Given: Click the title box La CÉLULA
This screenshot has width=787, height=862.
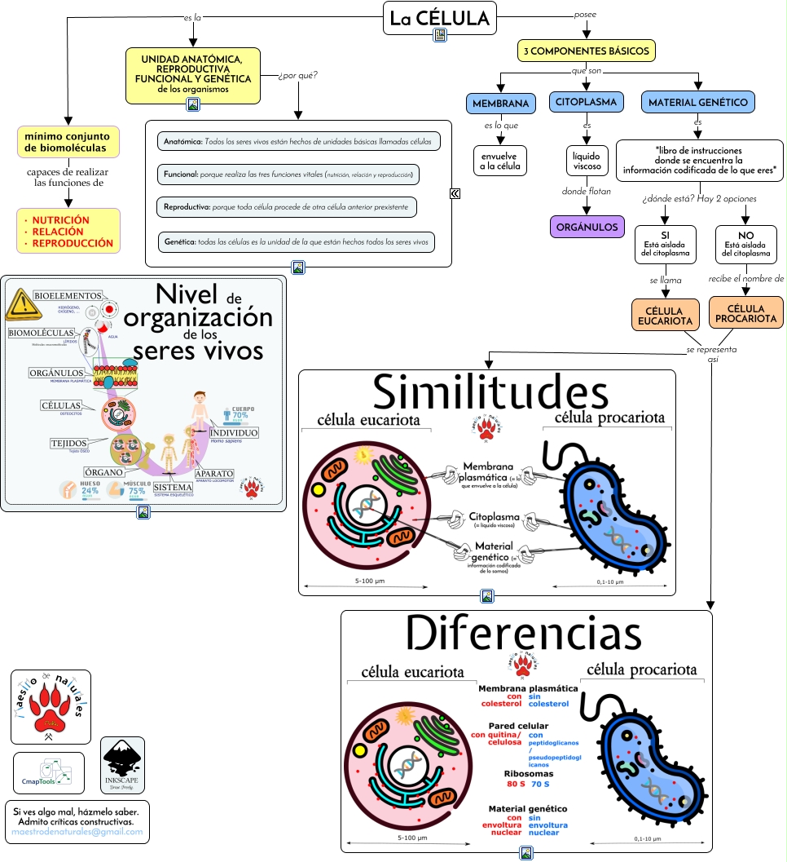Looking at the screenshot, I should coord(439,18).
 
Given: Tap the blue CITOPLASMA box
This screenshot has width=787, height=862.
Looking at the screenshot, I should coord(587,102).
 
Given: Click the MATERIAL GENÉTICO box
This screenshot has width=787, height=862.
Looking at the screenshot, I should coord(697,103).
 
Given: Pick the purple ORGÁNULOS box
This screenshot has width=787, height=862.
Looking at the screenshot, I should coord(587,227).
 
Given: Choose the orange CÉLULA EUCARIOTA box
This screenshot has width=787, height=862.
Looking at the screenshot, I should coord(665,315).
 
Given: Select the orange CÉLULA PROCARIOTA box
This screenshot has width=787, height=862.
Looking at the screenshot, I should coord(745,313).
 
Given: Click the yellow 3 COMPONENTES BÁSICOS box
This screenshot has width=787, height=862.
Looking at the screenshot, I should coord(587,51).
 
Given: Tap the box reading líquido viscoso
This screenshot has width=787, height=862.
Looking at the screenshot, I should coord(587,160).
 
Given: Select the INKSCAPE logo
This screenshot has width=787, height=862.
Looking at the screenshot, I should coord(122,765).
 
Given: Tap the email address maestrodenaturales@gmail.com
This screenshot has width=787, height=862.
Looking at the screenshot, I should coord(77,833).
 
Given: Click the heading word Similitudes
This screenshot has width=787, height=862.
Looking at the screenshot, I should coord(490,393).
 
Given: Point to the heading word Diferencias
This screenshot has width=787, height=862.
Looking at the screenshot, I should coord(524,633).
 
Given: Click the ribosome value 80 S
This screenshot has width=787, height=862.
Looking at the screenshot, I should coord(516,784).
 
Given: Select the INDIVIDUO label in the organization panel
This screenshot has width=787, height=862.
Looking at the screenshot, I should coord(234,432).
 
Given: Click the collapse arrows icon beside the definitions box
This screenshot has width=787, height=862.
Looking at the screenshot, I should coord(455,193).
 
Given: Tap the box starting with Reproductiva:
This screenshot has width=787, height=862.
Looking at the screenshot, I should coord(287,206).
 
